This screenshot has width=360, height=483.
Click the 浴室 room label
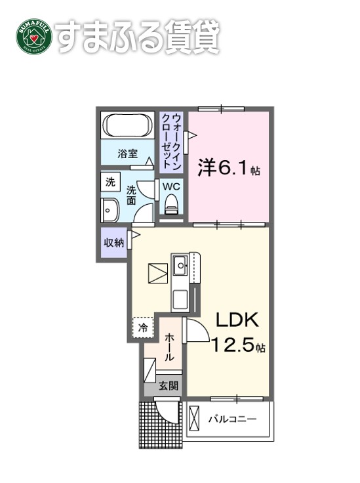pos(127,154)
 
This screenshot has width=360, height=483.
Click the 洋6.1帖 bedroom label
pos(228,169)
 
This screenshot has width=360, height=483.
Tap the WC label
pos(171,186)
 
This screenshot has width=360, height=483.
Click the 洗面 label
pos(131,195)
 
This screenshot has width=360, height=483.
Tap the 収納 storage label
pos(113,242)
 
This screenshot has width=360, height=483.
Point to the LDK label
pos(238,320)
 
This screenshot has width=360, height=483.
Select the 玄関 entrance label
pos(168,387)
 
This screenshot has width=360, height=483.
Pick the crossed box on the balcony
pos(195,417)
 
